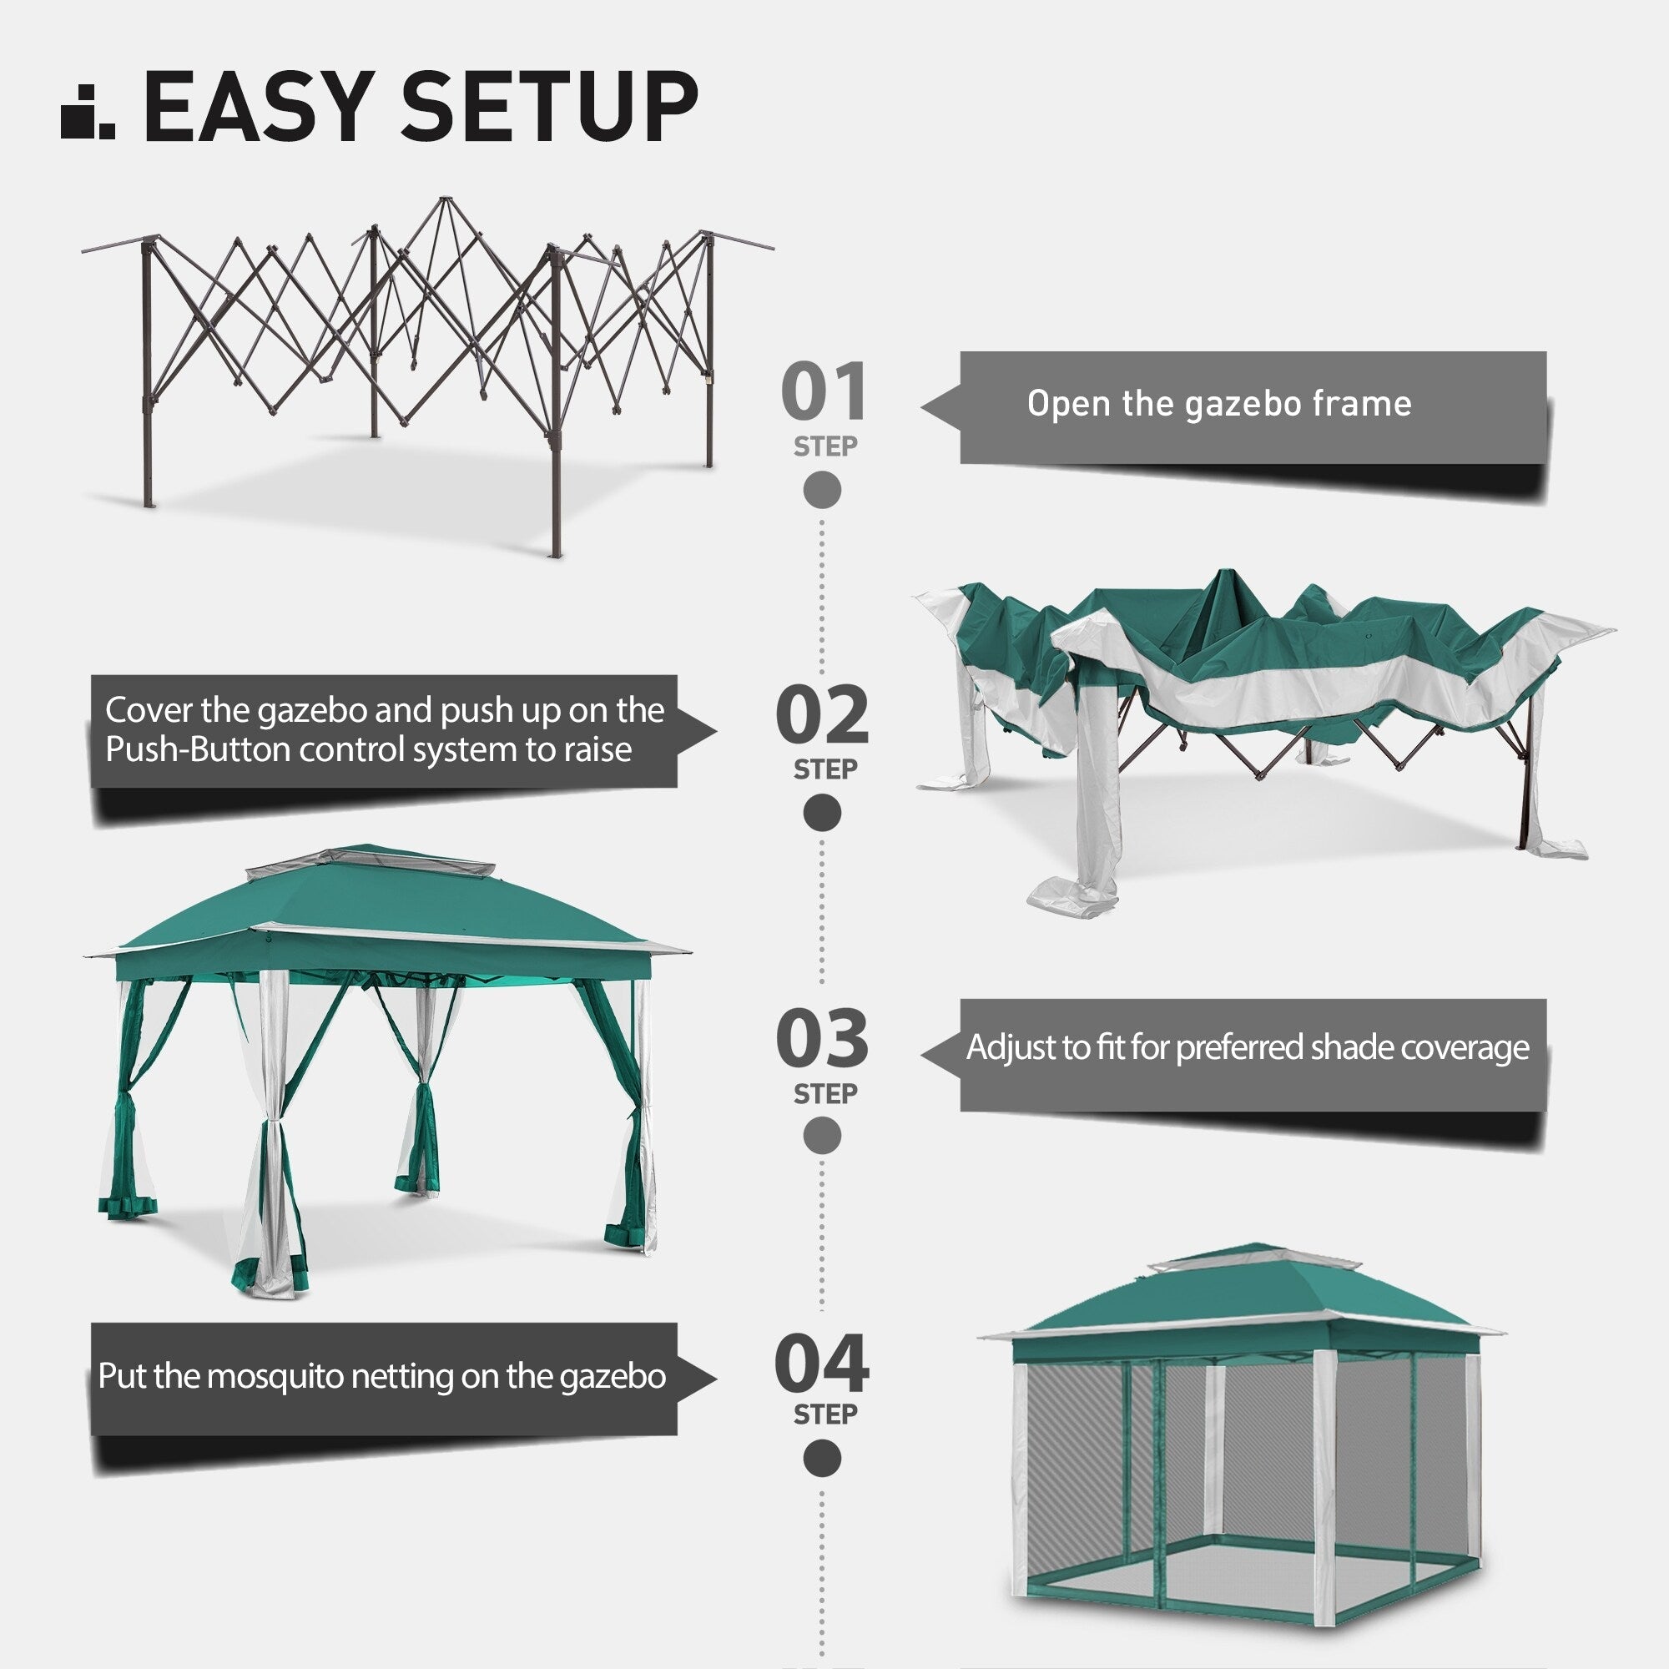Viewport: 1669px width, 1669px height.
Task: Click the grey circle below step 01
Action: [x=821, y=490]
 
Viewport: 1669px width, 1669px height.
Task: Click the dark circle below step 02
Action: [x=821, y=813]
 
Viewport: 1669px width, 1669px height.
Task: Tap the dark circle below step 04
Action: [x=821, y=1459]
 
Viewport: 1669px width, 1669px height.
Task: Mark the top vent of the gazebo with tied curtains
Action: [x=370, y=861]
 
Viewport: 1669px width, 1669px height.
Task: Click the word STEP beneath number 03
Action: [x=825, y=1094]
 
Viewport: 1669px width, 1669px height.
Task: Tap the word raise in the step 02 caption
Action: [x=597, y=750]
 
